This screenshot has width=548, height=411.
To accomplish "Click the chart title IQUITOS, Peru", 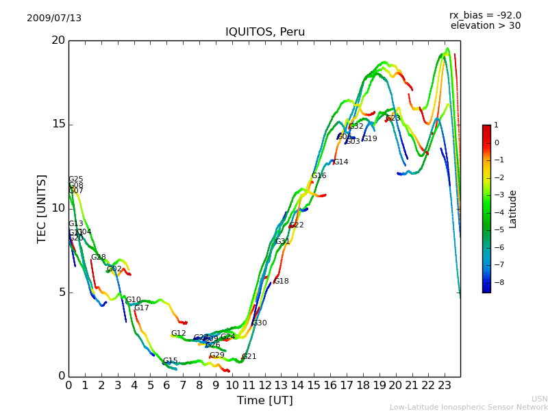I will click(265, 32).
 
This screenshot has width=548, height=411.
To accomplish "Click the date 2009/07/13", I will click(54, 18).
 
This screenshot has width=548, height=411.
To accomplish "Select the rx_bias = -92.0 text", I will click(485, 15).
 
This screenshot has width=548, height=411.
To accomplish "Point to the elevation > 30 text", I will click(485, 26).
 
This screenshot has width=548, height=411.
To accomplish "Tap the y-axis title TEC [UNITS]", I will click(42, 208).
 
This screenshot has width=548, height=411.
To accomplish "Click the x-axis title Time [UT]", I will click(264, 400).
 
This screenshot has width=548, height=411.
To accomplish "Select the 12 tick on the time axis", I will click(264, 385).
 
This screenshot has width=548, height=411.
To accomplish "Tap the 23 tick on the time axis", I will click(444, 385).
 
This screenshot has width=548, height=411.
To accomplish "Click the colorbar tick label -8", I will click(498, 282).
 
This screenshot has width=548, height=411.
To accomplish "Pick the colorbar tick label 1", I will click(497, 125).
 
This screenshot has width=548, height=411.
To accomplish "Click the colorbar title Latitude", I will click(513, 209).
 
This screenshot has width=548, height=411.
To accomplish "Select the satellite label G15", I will click(170, 361).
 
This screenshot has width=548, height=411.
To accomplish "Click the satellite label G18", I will click(281, 282).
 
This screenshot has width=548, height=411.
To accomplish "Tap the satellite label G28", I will click(98, 258).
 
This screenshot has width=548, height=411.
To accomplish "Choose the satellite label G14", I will click(340, 162).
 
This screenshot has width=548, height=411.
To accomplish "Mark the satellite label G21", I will click(249, 357).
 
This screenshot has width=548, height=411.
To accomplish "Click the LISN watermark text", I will click(539, 399).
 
